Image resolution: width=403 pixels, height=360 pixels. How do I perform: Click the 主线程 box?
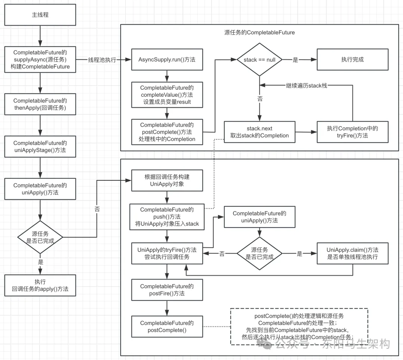[40, 15]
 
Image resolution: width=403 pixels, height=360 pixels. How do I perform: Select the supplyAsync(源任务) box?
[40, 59]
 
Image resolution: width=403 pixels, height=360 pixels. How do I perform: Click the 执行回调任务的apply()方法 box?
[40, 285]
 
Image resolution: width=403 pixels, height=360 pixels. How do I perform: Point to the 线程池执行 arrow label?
[102, 60]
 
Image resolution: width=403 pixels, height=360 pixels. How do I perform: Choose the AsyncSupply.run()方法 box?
[167, 60]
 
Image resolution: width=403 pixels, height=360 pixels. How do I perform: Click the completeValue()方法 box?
[167, 95]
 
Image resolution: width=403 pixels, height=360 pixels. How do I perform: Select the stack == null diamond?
[259, 60]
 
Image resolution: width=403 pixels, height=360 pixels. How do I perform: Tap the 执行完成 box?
[352, 60]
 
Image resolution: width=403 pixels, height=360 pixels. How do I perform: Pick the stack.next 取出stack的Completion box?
[259, 132]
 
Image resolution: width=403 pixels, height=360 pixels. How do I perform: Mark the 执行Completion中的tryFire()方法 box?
[352, 132]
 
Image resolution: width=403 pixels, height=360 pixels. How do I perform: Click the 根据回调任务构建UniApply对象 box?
[167, 180]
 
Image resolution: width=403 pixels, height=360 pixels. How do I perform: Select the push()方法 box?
[167, 217]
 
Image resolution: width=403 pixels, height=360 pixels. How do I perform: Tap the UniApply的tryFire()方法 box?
[167, 253]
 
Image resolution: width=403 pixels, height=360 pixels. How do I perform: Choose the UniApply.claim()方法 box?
[352, 253]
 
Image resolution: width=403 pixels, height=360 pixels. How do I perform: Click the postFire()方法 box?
[167, 290]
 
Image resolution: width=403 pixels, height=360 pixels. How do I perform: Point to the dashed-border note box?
[299, 326]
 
